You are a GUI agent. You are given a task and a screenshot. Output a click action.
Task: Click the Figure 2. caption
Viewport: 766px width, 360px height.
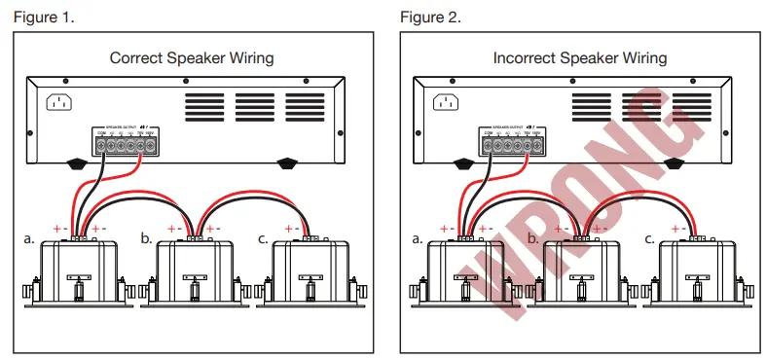(429, 17)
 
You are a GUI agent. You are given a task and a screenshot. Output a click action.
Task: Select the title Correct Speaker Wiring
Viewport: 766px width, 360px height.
(191, 57)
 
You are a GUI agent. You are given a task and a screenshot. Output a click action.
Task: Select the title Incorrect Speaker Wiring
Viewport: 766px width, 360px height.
(580, 57)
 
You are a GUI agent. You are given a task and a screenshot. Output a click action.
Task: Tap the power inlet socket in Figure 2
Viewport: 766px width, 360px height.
(446, 101)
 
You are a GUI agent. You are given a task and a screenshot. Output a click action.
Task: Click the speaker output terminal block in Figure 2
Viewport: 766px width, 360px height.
(510, 145)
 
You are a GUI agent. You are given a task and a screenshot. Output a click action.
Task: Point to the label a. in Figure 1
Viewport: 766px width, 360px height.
(30, 237)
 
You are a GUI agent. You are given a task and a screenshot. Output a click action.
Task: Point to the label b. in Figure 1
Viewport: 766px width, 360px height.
(145, 237)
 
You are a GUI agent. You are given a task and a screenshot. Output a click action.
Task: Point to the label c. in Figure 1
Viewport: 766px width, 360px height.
(263, 237)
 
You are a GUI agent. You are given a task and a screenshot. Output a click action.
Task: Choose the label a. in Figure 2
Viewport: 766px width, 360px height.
(418, 237)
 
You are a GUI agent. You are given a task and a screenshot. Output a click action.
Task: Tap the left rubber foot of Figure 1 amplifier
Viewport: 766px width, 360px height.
(77, 164)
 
